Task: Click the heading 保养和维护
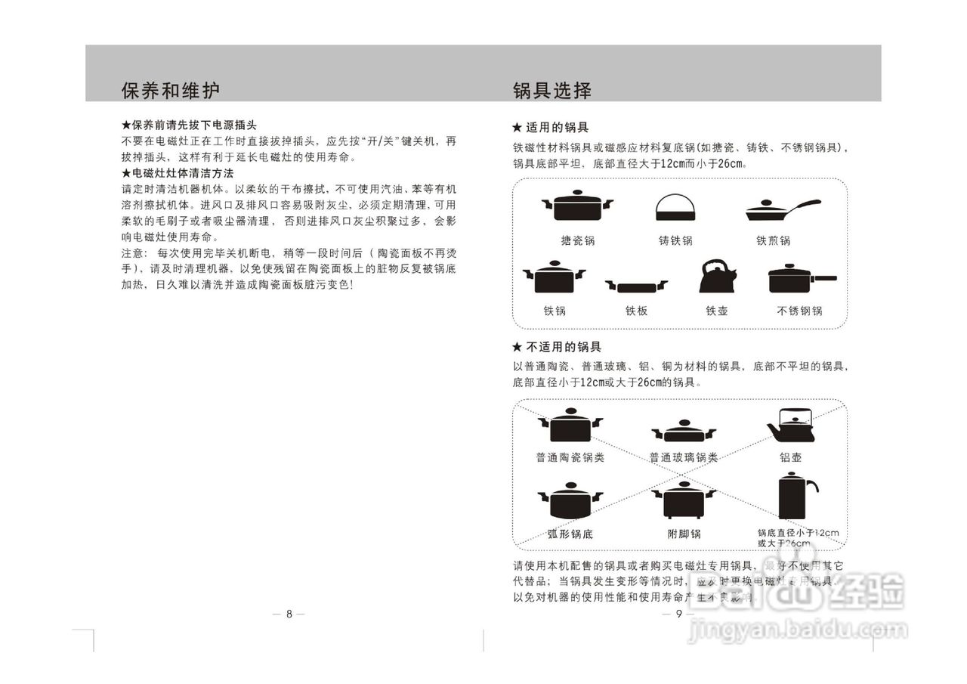pyautogui.click(x=171, y=91)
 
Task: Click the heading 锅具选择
pyautogui.click(x=551, y=91)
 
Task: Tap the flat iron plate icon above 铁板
pyautogui.click(x=636, y=286)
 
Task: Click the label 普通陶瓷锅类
pyautogui.click(x=570, y=457)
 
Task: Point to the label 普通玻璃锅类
pyautogui.click(x=683, y=457)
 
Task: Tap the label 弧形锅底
pyautogui.click(x=570, y=534)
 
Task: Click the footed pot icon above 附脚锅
pyautogui.click(x=684, y=500)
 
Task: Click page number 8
pyautogui.click(x=289, y=614)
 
